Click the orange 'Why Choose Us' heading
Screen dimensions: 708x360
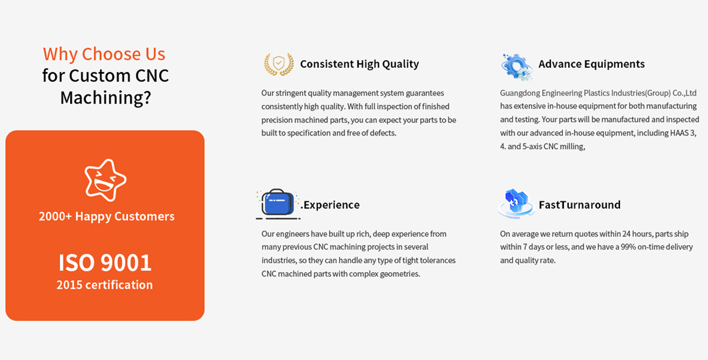click(104, 54)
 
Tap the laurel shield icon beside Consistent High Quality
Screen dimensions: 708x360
click(278, 64)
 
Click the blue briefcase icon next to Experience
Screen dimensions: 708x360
click(278, 204)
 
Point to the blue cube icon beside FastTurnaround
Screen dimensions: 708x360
click(516, 203)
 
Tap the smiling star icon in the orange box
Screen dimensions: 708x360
click(105, 180)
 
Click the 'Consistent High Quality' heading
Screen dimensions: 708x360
click(359, 64)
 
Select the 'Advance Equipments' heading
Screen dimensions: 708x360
click(591, 64)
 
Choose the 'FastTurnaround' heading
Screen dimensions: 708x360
click(579, 205)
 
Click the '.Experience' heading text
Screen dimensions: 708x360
click(330, 205)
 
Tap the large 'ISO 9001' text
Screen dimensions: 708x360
click(105, 263)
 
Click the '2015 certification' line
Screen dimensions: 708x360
click(104, 285)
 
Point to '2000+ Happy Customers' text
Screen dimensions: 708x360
click(107, 216)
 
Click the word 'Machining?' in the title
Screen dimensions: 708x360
click(106, 97)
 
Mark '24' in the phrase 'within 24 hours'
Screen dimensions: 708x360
click(627, 234)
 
